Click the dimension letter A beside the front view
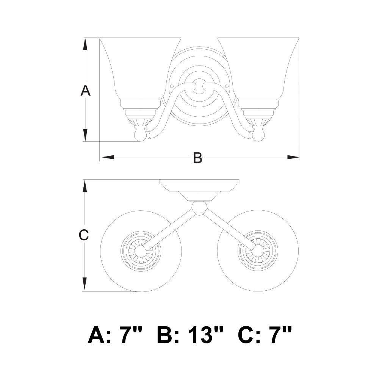(85, 91)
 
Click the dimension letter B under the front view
(197, 158)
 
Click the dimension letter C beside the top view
(84, 235)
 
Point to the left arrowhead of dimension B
(108, 157)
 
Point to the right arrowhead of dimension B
(293, 157)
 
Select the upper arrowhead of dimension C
(85, 186)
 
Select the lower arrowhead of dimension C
(85, 284)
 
